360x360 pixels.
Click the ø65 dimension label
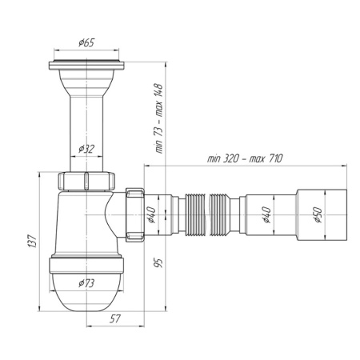tap(86, 42)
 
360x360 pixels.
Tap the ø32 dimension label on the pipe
tap(86, 149)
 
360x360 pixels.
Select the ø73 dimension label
tap(86, 283)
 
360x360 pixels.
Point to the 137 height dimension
tap(32, 242)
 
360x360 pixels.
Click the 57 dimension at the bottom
tap(115, 318)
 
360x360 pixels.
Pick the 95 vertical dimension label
tap(158, 262)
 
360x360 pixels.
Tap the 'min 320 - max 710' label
tap(245, 158)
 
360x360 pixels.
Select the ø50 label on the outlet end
tap(318, 215)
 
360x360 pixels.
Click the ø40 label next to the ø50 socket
tap(266, 215)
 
